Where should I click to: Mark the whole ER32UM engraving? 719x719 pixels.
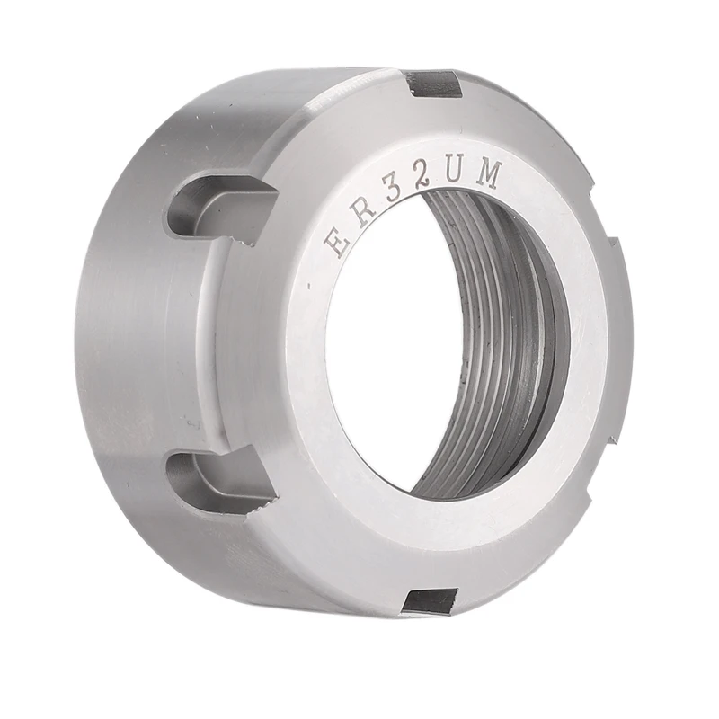point(413,209)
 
